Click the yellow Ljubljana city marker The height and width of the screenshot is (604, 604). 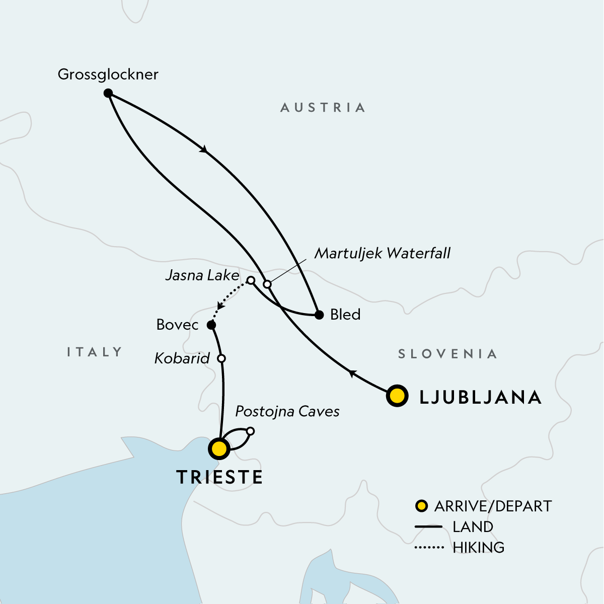tap(397, 396)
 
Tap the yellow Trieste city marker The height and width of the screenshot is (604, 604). tap(219, 448)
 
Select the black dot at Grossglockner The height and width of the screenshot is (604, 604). tap(108, 93)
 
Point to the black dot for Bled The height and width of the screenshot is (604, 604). tap(319, 315)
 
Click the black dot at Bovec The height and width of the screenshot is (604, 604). tap(211, 325)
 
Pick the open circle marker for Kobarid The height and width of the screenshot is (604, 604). tap(221, 358)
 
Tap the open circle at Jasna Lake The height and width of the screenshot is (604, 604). tap(250, 280)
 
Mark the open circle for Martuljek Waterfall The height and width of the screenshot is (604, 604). tap(267, 284)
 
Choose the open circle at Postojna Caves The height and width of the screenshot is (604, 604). tap(250, 431)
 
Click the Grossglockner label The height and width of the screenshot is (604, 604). tap(108, 74)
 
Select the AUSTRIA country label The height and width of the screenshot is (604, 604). tap(323, 107)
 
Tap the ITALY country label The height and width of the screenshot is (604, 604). tap(95, 352)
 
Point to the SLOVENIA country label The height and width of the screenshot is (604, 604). tap(447, 354)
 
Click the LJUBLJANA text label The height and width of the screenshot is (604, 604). tap(480, 397)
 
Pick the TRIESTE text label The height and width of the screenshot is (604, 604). tap(219, 477)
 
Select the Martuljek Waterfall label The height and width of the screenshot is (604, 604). tap(382, 253)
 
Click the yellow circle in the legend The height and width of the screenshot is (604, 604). tap(421, 506)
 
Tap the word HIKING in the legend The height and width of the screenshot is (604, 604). tap(478, 547)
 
